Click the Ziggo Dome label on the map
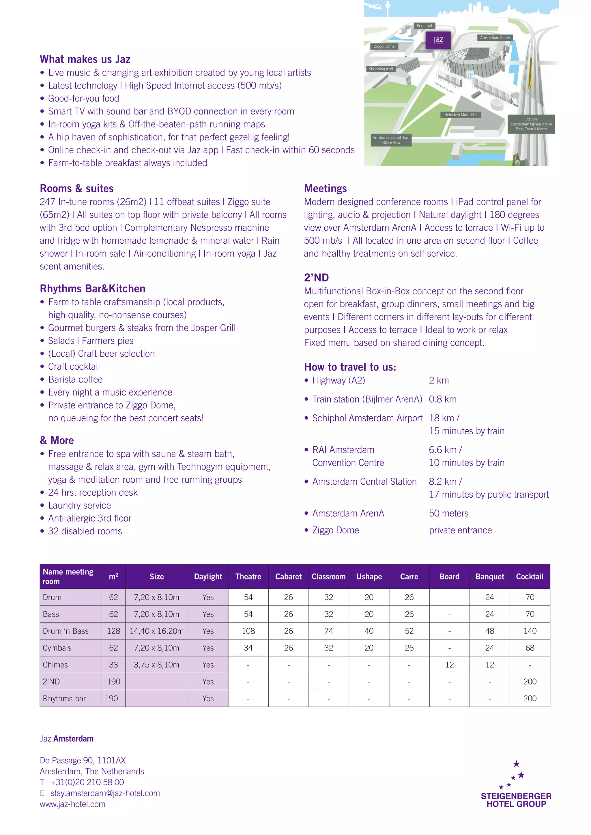pyautogui.click(x=384, y=46)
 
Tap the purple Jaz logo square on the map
pyautogui.click(x=438, y=40)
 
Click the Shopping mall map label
pyautogui.click(x=381, y=69)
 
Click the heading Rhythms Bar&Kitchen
pyautogui.click(x=92, y=289)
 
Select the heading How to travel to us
pyautogui.click(x=350, y=367)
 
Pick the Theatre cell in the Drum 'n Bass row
pyautogui.click(x=248, y=631)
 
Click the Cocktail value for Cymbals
pyautogui.click(x=530, y=648)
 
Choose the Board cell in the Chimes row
pyautogui.click(x=449, y=665)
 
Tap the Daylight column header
pyautogui.click(x=208, y=576)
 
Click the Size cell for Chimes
pyautogui.click(x=156, y=665)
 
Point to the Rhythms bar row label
pyautogui.click(x=64, y=699)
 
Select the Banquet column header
pyautogui.click(x=489, y=576)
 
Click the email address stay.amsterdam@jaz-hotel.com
pyautogui.click(x=105, y=793)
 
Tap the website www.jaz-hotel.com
pyautogui.click(x=73, y=804)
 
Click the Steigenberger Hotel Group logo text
pyautogui.click(x=516, y=800)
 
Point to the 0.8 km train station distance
pyautogui.click(x=442, y=399)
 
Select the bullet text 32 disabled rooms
pyautogui.click(x=85, y=531)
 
